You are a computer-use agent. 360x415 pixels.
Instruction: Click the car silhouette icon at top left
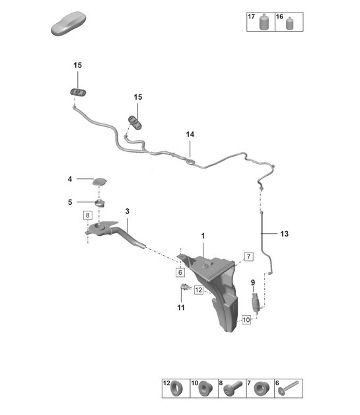(x=69, y=23)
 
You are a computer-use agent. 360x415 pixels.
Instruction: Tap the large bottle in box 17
(x=263, y=22)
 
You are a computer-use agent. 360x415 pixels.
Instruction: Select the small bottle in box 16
(x=290, y=23)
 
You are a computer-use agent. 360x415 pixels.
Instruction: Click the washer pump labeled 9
(x=256, y=303)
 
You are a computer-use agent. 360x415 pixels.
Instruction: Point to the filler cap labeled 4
(x=100, y=182)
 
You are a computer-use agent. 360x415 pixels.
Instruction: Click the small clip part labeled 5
(x=100, y=203)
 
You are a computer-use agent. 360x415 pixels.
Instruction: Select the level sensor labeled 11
(x=184, y=287)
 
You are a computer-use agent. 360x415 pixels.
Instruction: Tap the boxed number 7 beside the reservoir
(x=248, y=256)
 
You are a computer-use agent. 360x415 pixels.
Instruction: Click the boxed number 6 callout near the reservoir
(x=180, y=272)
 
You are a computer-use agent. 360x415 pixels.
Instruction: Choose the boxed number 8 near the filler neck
(x=88, y=215)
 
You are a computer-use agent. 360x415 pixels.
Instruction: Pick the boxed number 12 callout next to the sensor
(x=198, y=290)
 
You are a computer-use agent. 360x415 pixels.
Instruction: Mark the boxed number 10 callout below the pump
(x=246, y=320)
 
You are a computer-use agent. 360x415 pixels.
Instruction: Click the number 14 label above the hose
(x=190, y=134)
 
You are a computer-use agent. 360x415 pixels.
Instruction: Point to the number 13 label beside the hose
(x=284, y=234)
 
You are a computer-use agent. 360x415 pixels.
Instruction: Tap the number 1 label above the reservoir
(x=203, y=235)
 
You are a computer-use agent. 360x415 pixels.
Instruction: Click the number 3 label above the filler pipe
(x=127, y=211)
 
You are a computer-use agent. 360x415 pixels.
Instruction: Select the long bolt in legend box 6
(x=288, y=387)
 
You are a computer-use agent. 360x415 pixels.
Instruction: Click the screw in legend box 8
(x=233, y=388)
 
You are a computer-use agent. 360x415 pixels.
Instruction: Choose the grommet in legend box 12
(x=176, y=389)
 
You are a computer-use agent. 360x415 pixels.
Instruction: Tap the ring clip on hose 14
(x=190, y=161)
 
